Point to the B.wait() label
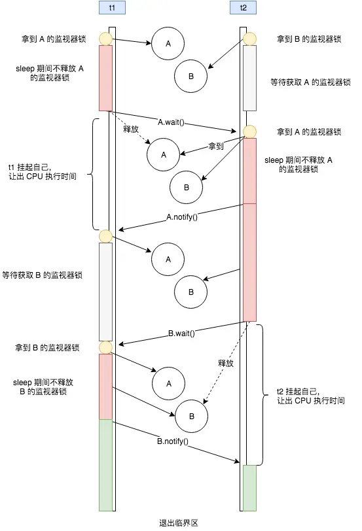(181, 333)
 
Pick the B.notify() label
(173, 441)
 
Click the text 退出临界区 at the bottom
(179, 523)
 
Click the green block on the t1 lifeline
(105, 464)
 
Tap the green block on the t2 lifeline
(249, 487)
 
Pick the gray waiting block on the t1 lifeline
(105, 291)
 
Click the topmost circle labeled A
(168, 43)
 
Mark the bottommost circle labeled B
(191, 416)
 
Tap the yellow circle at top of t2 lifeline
(249, 39)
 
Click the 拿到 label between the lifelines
(216, 145)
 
